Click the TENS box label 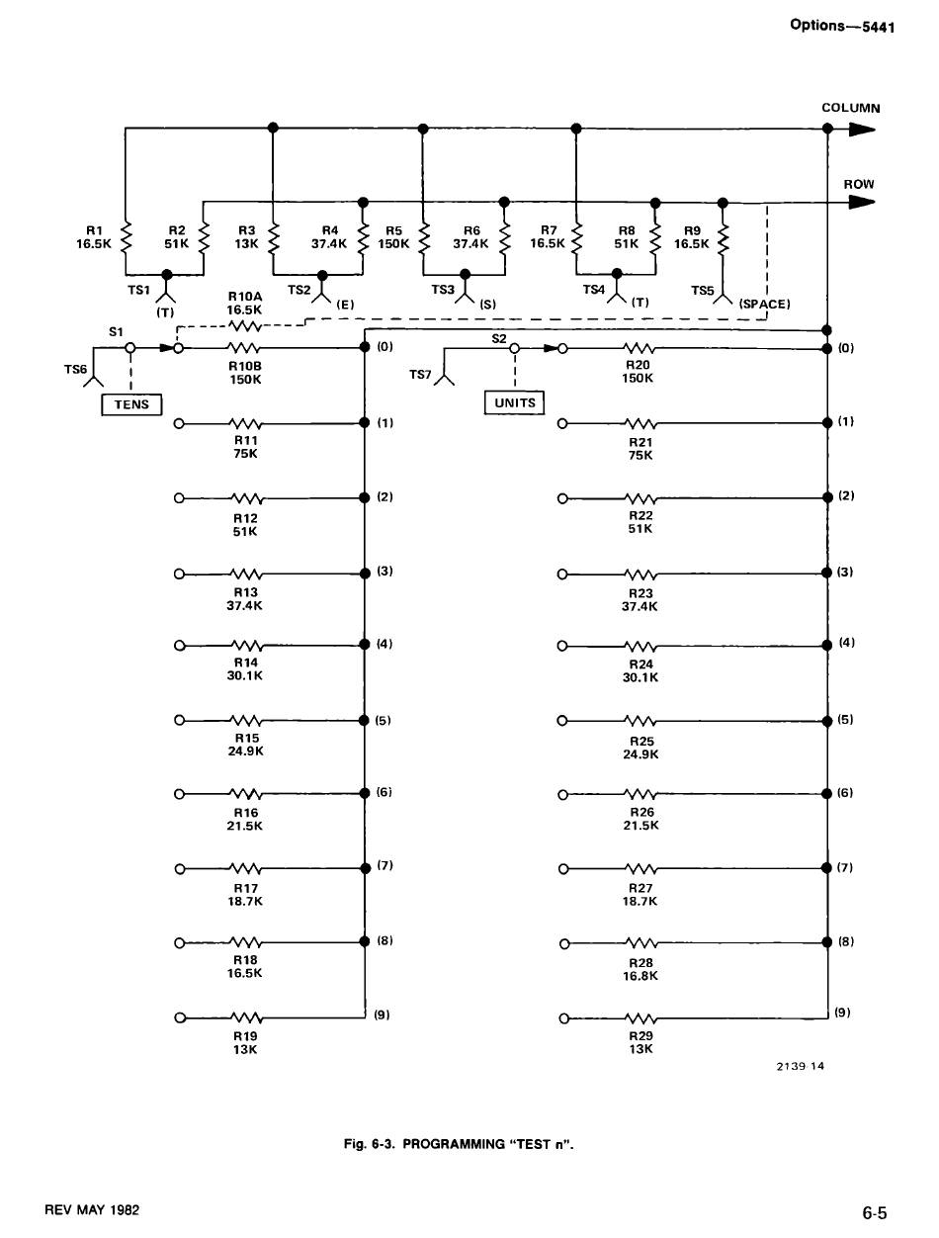[131, 404]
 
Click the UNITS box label [514, 402]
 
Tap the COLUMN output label [851, 108]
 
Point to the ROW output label [858, 184]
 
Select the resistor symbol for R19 [245, 1017]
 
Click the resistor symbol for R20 [640, 348]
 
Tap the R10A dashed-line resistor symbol [244, 324]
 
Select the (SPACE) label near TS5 [764, 304]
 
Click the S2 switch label [498, 338]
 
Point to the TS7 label [420, 375]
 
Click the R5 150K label [393, 236]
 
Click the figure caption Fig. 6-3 [459, 1144]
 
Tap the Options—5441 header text [841, 26]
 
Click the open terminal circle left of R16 [179, 794]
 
